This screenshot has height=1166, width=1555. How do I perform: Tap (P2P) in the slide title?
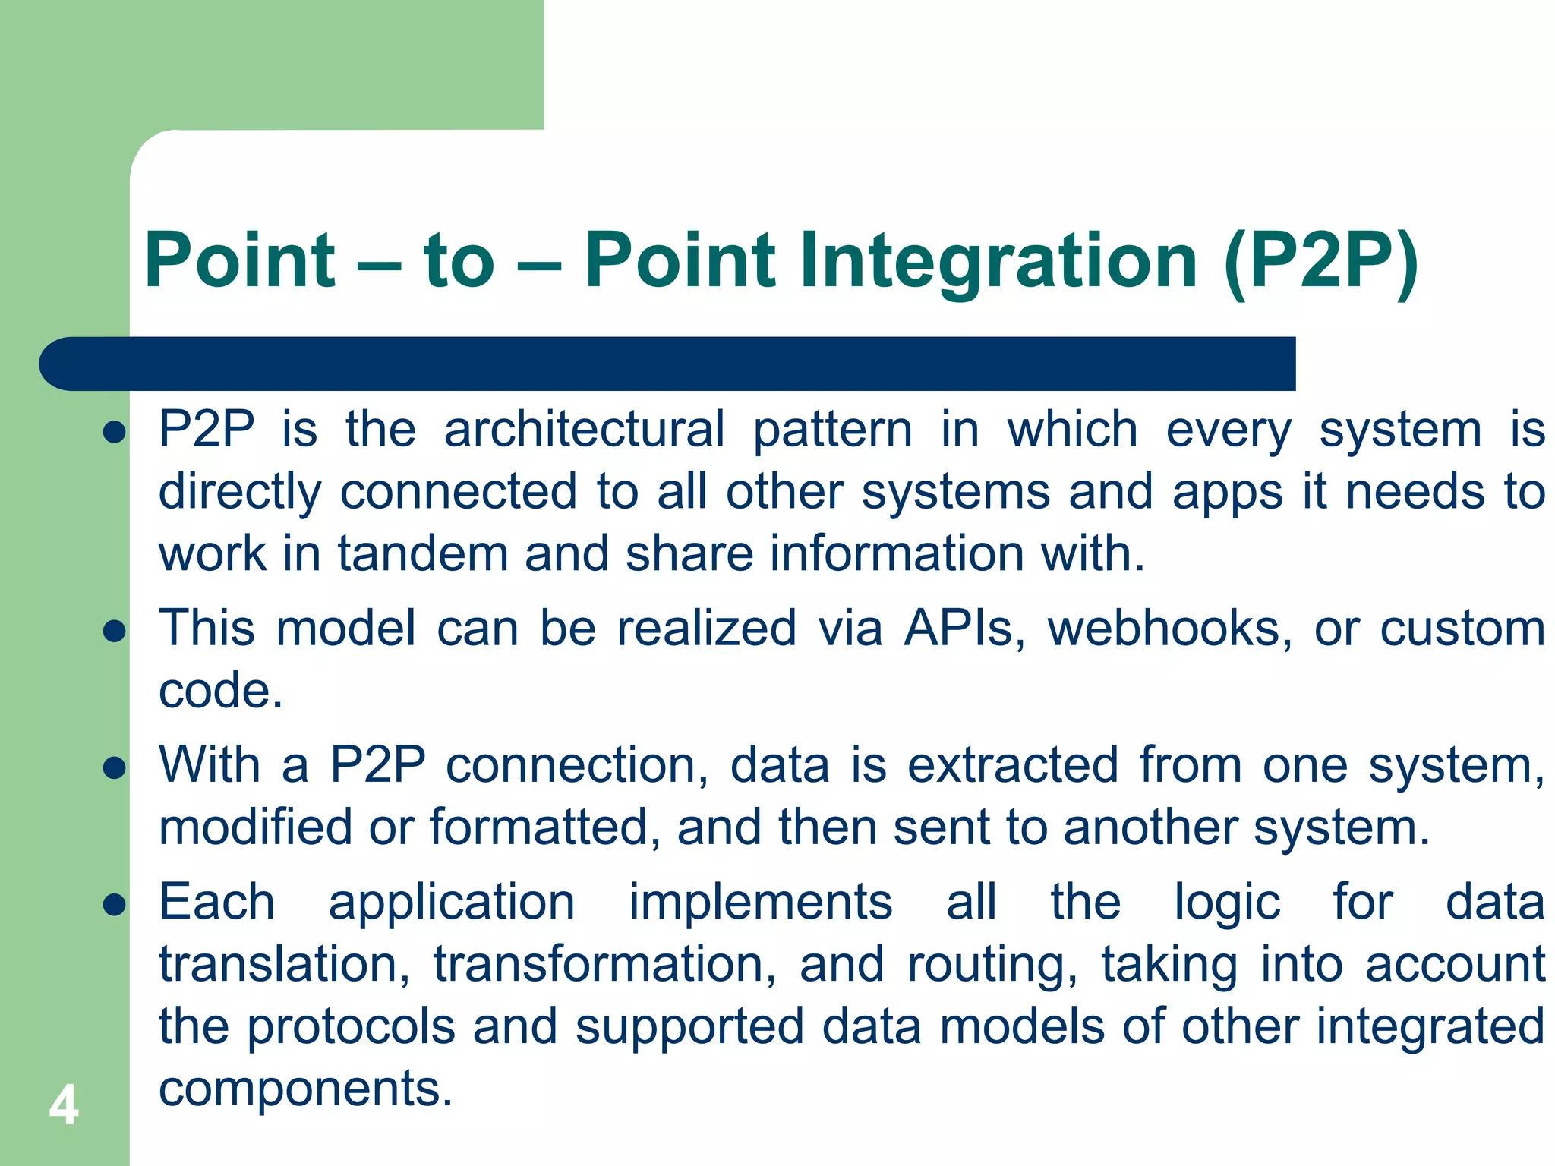point(1320,262)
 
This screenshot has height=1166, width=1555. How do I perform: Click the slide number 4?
point(64,1106)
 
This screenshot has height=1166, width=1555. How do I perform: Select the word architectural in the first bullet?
point(584,430)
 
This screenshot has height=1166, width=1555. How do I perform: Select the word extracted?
point(1013,765)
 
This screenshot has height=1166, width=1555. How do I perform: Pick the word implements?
point(761,903)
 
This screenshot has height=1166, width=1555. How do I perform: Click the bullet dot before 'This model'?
point(114,631)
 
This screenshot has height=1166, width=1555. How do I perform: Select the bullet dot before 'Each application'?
point(114,904)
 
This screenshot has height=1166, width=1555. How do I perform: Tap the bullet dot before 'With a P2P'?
point(114,767)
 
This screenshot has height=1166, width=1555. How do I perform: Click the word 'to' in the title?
point(459,262)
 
